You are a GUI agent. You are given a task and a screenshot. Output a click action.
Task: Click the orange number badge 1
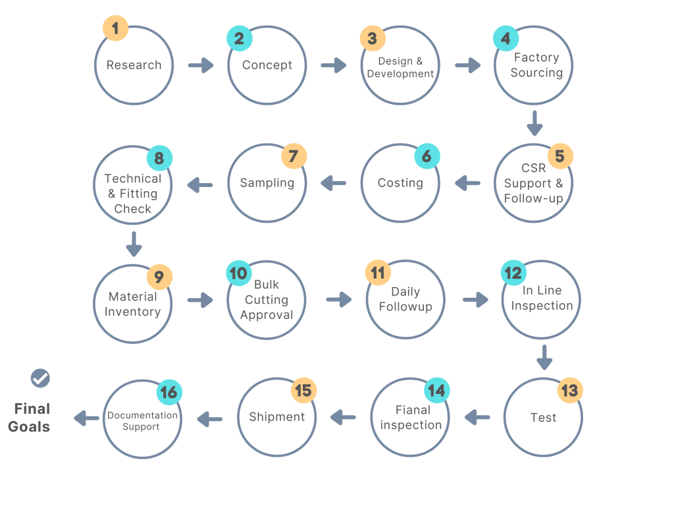pos(116,28)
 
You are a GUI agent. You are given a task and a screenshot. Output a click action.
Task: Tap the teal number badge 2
pos(239,39)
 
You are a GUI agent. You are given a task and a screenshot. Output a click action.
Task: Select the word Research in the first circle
pos(134,65)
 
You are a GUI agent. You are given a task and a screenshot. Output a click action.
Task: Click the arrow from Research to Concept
pos(201,65)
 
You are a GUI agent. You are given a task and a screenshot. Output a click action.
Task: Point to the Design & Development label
pos(400,68)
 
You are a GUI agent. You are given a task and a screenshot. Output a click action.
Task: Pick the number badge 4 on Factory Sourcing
pos(505,39)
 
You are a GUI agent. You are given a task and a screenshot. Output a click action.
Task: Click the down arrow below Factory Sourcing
pos(534,123)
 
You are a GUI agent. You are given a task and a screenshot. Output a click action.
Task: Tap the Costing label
pos(400,183)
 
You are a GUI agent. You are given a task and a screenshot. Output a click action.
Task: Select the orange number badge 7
pos(294,157)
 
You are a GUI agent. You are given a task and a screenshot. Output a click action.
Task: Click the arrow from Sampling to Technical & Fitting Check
pos(200,185)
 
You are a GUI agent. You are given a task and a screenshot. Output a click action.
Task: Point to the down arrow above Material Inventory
pos(134,243)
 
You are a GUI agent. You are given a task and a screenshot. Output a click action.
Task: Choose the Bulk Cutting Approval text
pos(267,300)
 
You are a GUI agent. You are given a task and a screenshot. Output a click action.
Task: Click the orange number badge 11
pos(378,273)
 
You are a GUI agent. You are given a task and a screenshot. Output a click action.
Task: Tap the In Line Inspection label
pos(542,298)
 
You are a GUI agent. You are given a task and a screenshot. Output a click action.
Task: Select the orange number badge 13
pos(569,391)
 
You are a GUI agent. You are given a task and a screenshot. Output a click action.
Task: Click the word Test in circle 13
pos(543,418)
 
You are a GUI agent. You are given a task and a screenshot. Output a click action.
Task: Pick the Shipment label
pos(276,417)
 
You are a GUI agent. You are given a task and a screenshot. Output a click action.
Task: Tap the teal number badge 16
pos(168,393)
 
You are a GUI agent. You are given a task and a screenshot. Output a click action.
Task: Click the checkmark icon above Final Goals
pos(40,378)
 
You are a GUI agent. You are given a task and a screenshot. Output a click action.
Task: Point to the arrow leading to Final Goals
pos(86,418)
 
